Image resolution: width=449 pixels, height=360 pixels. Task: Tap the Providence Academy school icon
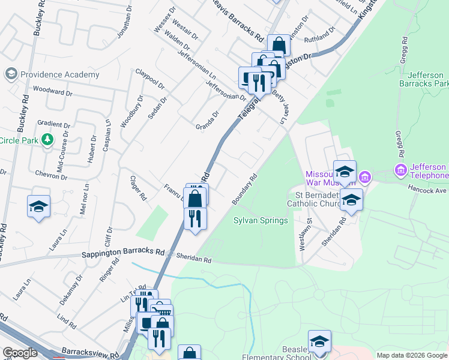(x=11, y=74)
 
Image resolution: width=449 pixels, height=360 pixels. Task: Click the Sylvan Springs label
(x=261, y=220)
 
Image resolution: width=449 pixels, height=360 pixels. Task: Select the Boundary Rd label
(x=245, y=189)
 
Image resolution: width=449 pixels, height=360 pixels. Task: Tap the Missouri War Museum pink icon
(x=365, y=177)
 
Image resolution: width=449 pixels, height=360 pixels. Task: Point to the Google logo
(x=20, y=352)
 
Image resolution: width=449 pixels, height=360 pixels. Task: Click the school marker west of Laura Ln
(x=38, y=208)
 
